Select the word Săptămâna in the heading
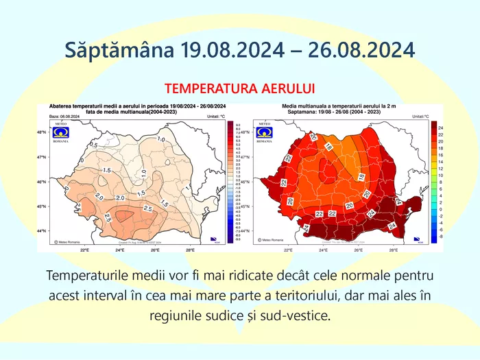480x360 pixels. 119,50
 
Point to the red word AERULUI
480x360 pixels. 285,89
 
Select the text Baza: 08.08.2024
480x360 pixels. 63,117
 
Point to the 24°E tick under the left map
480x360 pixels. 119,250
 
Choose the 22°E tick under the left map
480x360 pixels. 84,250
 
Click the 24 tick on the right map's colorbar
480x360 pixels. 440,128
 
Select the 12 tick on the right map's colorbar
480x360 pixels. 440,169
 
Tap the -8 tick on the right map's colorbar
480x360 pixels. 440,236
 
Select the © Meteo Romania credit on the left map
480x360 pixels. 63,241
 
